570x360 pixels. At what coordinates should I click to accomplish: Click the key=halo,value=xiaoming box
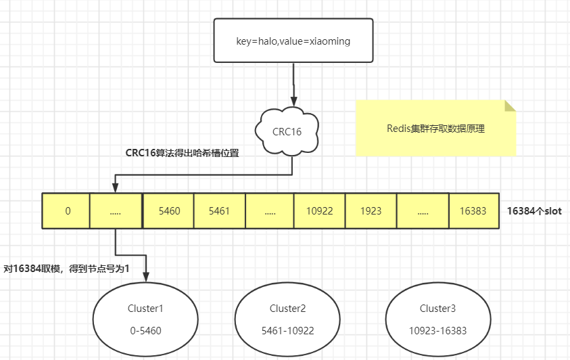click(x=293, y=41)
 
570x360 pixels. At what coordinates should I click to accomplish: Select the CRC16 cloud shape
click(x=287, y=131)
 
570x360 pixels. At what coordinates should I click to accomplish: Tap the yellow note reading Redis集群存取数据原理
click(x=435, y=129)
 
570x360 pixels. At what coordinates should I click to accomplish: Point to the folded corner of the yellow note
click(x=510, y=106)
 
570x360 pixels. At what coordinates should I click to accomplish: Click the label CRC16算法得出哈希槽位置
click(x=182, y=153)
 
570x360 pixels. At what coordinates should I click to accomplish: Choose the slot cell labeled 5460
click(x=169, y=211)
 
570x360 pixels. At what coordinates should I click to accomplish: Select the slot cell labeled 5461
click(x=220, y=211)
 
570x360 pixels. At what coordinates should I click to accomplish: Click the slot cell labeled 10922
click(x=320, y=211)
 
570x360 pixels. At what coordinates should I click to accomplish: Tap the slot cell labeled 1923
click(x=371, y=211)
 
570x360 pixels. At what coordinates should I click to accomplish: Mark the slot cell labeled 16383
click(x=474, y=211)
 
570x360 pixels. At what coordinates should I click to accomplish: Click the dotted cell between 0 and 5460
click(x=116, y=211)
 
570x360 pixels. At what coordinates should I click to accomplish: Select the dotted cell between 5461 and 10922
click(x=270, y=211)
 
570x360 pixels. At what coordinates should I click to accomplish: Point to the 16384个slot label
click(x=534, y=211)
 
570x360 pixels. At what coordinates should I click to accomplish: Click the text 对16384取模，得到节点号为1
click(x=66, y=269)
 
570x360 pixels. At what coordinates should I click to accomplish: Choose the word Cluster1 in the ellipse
click(x=145, y=309)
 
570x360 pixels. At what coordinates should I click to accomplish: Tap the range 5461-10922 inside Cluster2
click(x=287, y=330)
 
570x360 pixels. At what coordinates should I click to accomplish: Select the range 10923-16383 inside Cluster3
click(x=437, y=330)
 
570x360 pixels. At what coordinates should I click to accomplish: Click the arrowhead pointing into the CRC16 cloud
click(x=293, y=102)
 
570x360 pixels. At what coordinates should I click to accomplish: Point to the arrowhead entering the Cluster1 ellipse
click(x=146, y=277)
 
